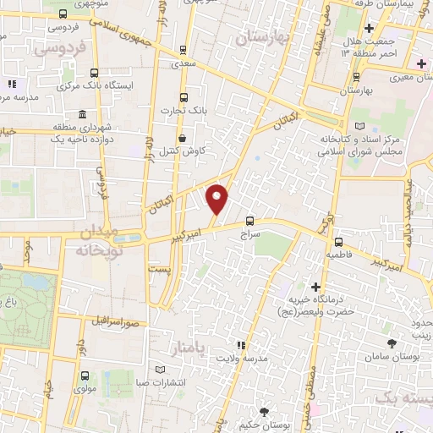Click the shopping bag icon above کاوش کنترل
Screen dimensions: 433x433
183,138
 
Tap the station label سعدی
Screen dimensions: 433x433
184,63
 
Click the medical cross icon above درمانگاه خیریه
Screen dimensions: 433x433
316,288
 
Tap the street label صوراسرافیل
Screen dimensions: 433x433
114,323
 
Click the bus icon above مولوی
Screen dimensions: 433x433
84,375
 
